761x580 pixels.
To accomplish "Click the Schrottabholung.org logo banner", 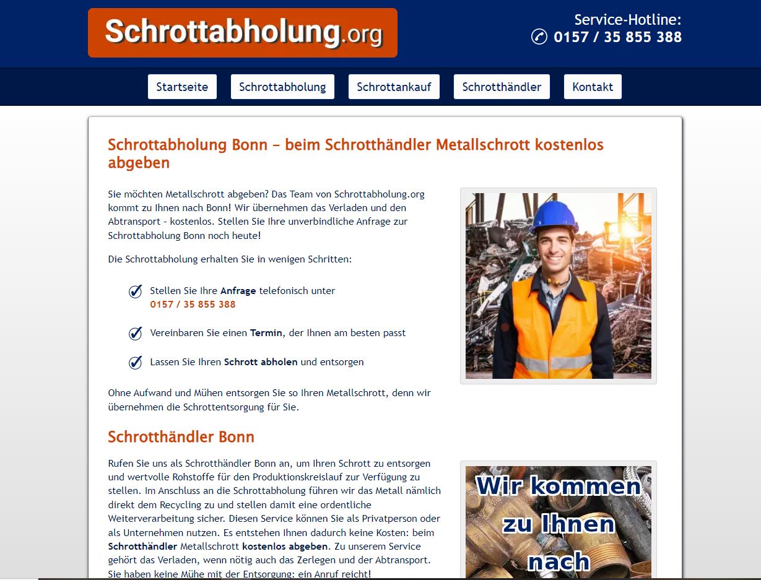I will point(242,33).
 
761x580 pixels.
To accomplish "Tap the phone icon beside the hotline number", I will point(539,37).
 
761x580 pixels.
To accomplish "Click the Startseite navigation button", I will point(182,87).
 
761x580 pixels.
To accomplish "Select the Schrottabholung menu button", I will point(282,87).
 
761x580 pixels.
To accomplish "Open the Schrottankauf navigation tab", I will point(394,87).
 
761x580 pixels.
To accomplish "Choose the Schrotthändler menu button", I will point(502,87).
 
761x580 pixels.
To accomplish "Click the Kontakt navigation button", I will point(593,87).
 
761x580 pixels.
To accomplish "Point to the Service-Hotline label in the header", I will point(627,20).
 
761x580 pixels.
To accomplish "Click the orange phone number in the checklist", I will point(193,305).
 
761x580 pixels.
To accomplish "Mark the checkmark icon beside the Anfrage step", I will point(135,292).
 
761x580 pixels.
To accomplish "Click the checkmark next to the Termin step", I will point(135,334).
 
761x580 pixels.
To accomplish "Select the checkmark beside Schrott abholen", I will point(135,363).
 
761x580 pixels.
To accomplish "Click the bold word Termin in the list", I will point(266,333).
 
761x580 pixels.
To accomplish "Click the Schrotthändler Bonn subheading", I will point(181,437).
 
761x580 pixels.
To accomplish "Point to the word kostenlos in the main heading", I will point(569,145).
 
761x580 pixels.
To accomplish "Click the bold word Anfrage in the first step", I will point(238,291).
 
